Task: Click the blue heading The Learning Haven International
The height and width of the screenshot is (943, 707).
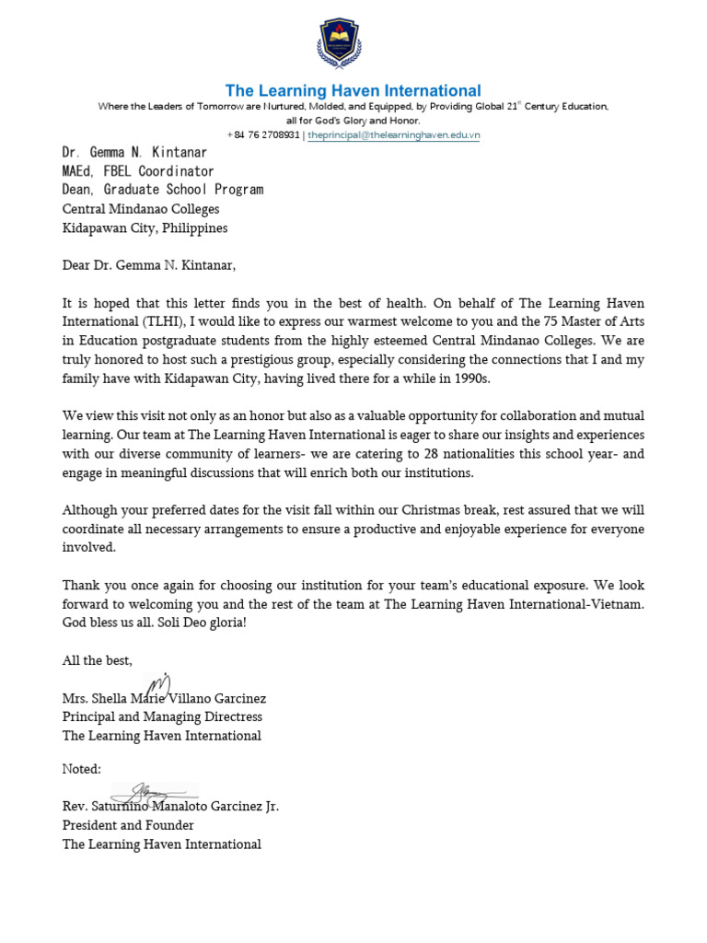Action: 353,90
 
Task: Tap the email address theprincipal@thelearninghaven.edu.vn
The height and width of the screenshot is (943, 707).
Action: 394,134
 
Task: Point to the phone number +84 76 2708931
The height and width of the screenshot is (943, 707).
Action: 263,134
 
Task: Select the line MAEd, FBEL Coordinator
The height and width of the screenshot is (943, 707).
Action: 138,171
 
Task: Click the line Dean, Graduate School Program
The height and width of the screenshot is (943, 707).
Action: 163,190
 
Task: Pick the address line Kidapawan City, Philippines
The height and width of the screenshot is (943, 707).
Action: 145,228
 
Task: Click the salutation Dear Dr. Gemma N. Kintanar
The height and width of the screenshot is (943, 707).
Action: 149,266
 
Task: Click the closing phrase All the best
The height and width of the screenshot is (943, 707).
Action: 98,660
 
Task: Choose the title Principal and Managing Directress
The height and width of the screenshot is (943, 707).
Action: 162,716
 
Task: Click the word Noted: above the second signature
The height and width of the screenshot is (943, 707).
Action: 82,769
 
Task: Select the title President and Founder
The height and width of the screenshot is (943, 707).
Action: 128,825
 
